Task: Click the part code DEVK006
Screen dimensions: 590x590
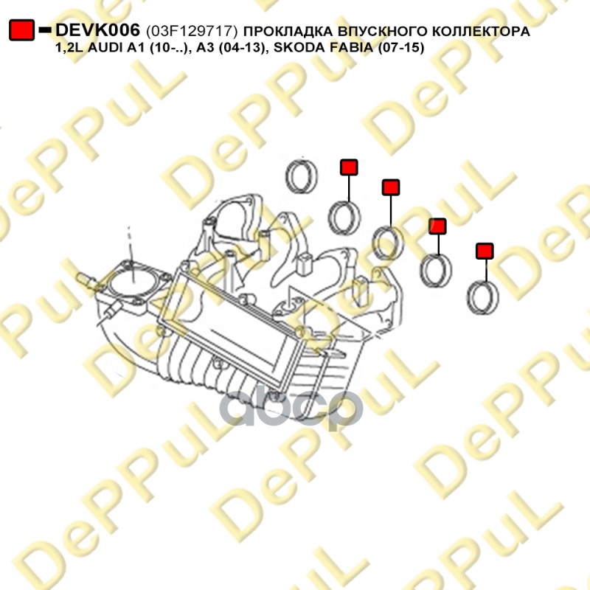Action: point(97,30)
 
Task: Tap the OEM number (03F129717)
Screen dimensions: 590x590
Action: point(192,31)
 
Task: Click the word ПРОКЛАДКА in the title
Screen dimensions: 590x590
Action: point(288,31)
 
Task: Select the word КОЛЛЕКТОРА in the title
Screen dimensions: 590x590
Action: point(481,31)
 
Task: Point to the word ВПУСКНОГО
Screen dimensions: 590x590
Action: point(382,31)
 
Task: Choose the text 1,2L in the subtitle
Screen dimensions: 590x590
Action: point(69,48)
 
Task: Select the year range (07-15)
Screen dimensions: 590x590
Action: point(402,48)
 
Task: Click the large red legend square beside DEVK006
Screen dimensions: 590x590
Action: point(22,30)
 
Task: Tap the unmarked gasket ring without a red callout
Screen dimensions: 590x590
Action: point(302,176)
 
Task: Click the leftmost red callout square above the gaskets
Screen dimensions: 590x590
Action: point(349,167)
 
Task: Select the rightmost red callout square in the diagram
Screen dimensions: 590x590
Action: point(485,251)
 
